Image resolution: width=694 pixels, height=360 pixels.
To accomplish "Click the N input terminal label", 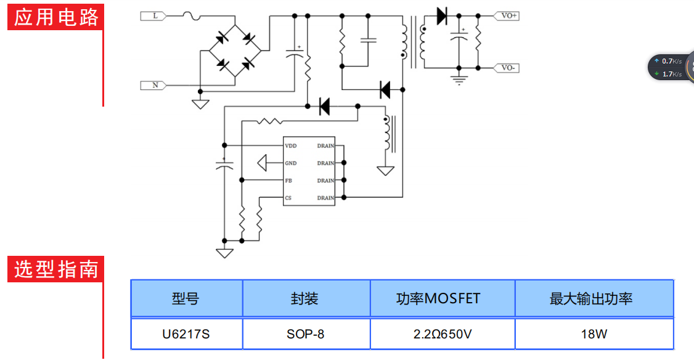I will (155, 85).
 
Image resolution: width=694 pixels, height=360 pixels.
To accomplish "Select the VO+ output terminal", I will (508, 16).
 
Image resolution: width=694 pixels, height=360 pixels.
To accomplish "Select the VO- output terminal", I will (508, 68).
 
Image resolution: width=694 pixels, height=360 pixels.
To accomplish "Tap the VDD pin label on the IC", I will (290, 146).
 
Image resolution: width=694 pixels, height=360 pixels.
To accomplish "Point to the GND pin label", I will (290, 163).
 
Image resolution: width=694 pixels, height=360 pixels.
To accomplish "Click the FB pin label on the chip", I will (288, 181).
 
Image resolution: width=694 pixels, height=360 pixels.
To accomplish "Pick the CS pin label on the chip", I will (288, 198).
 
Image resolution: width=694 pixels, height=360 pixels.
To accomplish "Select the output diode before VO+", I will (441, 16).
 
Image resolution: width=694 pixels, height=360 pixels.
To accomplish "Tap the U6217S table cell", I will (186, 334).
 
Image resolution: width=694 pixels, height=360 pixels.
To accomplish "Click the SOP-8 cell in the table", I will (306, 334).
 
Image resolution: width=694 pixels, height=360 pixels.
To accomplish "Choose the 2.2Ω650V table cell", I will (443, 334).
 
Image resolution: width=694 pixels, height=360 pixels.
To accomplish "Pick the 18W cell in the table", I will (594, 334).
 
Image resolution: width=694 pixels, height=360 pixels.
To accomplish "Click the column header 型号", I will (186, 299).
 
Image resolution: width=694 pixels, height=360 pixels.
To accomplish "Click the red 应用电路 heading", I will (56, 17).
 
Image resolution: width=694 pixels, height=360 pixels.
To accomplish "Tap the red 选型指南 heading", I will (56, 269).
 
